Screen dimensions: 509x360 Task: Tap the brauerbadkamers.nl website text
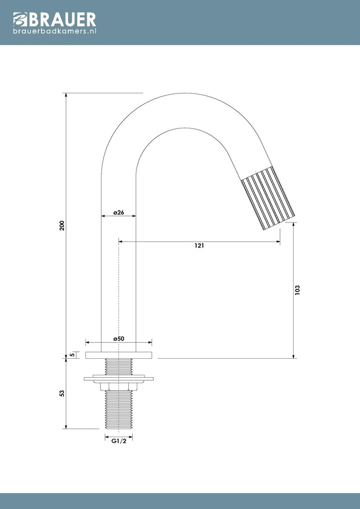(54, 31)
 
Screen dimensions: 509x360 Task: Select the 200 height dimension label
(62, 226)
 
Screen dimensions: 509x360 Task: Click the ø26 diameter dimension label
(118, 212)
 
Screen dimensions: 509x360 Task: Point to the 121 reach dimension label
(200, 246)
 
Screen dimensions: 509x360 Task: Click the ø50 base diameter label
(118, 338)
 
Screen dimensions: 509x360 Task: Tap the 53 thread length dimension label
(62, 393)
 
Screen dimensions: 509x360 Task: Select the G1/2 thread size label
(118, 442)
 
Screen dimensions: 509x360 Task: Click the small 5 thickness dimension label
(73, 354)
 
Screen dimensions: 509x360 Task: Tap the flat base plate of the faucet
(119, 355)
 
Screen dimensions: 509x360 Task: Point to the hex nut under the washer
(119, 386)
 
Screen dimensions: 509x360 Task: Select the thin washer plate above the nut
(119, 379)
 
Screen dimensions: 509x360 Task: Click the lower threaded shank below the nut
(119, 409)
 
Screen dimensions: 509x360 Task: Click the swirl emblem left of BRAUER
(18, 20)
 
